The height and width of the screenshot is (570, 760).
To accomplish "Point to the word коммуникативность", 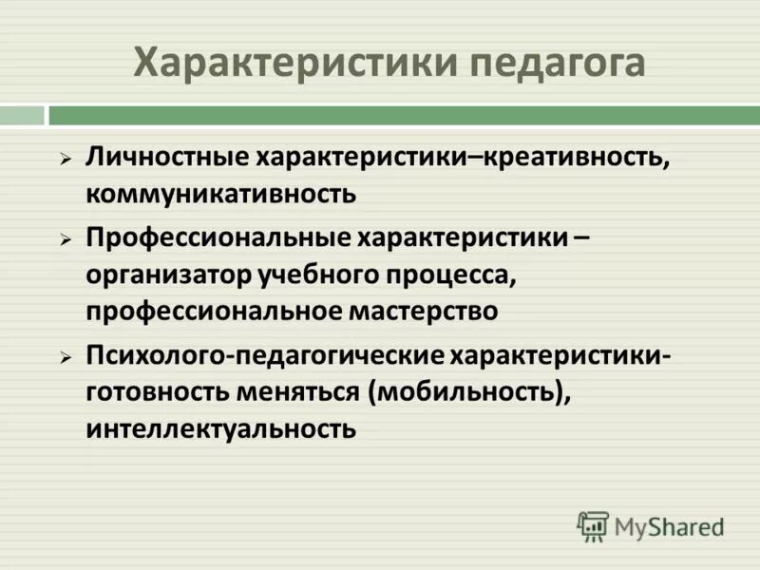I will click(x=221, y=194).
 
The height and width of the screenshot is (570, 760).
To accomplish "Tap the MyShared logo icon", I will click(x=593, y=525).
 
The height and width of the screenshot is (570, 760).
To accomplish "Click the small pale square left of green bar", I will click(x=22, y=115).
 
